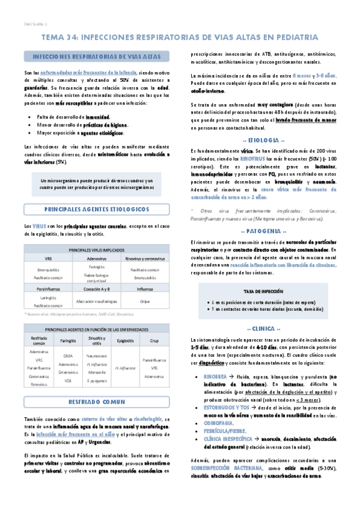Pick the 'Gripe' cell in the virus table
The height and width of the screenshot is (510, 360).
point(145,301)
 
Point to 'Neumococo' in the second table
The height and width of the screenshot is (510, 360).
point(97,356)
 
